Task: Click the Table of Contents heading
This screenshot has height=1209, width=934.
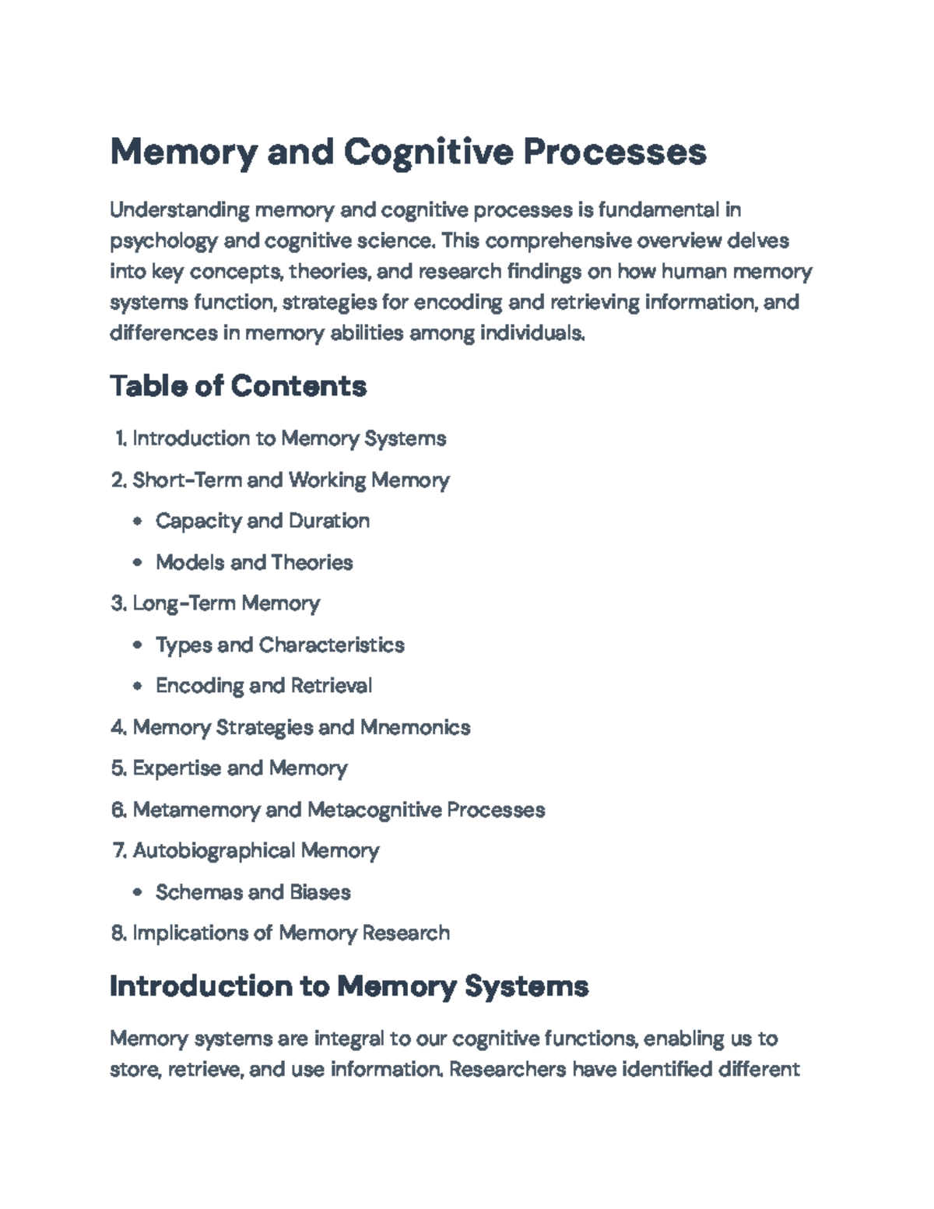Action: (238, 386)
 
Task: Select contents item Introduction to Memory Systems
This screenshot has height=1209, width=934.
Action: (289, 438)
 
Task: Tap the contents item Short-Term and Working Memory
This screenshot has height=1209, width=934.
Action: (290, 480)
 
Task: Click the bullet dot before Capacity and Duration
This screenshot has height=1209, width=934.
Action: (138, 522)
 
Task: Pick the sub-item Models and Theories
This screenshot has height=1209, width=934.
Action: (254, 562)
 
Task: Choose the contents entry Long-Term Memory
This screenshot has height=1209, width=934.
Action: (226, 603)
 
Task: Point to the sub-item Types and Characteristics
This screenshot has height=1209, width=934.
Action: (279, 645)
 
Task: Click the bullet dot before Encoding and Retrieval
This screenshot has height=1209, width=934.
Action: (138, 687)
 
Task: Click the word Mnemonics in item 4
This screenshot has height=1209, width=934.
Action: (415, 727)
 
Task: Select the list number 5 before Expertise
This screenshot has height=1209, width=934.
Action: (118, 768)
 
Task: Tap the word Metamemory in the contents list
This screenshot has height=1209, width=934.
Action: (196, 810)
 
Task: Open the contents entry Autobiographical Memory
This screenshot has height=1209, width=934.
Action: (255, 850)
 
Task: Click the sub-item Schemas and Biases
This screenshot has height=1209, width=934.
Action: (253, 892)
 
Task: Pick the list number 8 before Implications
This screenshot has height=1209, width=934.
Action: (118, 933)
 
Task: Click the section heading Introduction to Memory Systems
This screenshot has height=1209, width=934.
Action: (349, 986)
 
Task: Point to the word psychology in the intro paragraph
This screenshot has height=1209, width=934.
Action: (163, 241)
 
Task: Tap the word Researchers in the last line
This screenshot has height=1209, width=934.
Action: (507, 1069)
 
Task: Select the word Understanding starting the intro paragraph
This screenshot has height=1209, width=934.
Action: (180, 210)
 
